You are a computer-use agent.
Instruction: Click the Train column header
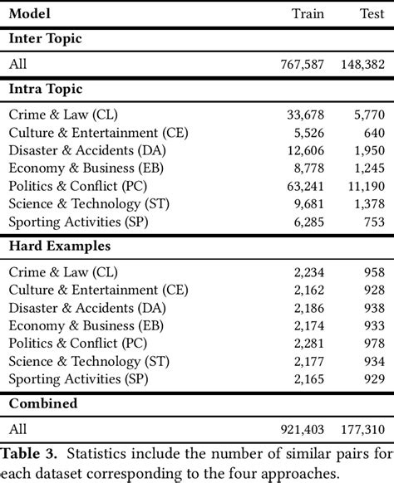click(308, 13)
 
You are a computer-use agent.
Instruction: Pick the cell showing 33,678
click(304, 115)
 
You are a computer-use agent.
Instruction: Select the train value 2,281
click(308, 344)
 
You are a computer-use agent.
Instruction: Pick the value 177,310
click(361, 430)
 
